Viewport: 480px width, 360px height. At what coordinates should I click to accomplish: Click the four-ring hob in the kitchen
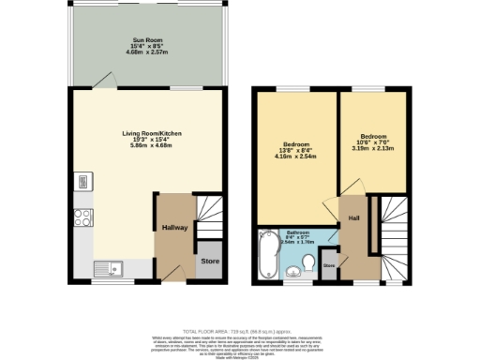click(82, 216)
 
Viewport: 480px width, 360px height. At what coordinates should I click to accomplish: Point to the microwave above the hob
click(82, 182)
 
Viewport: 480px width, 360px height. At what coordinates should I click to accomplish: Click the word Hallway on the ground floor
click(175, 228)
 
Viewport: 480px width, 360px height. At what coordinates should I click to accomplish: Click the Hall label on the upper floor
click(354, 218)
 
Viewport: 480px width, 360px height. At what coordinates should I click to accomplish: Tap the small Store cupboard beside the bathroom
click(329, 265)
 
